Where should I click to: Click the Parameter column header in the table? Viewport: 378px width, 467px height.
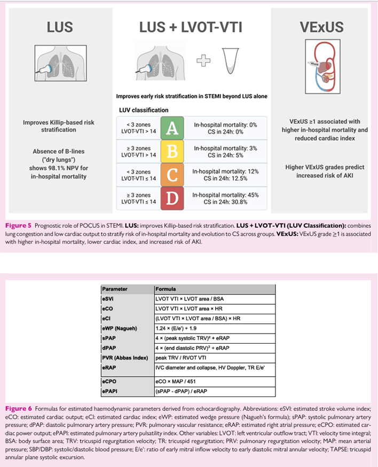(x=115, y=288)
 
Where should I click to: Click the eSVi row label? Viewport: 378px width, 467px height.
(x=108, y=298)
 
